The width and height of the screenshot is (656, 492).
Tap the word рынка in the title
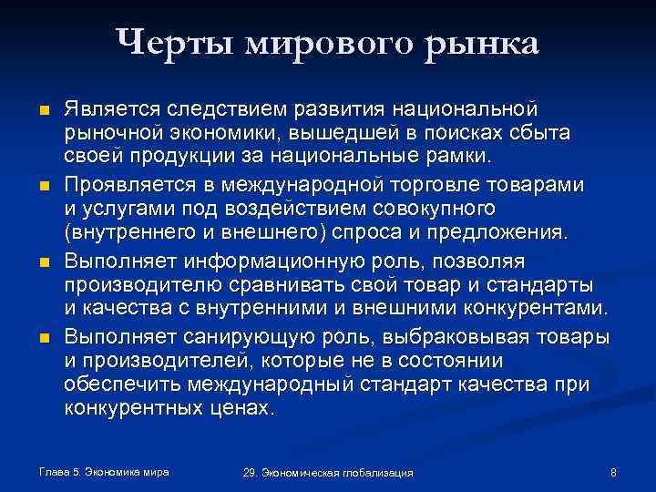pos(487,43)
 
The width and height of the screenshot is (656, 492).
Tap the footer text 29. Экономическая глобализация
pos(328,473)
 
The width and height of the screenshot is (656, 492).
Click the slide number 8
pos(614,472)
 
